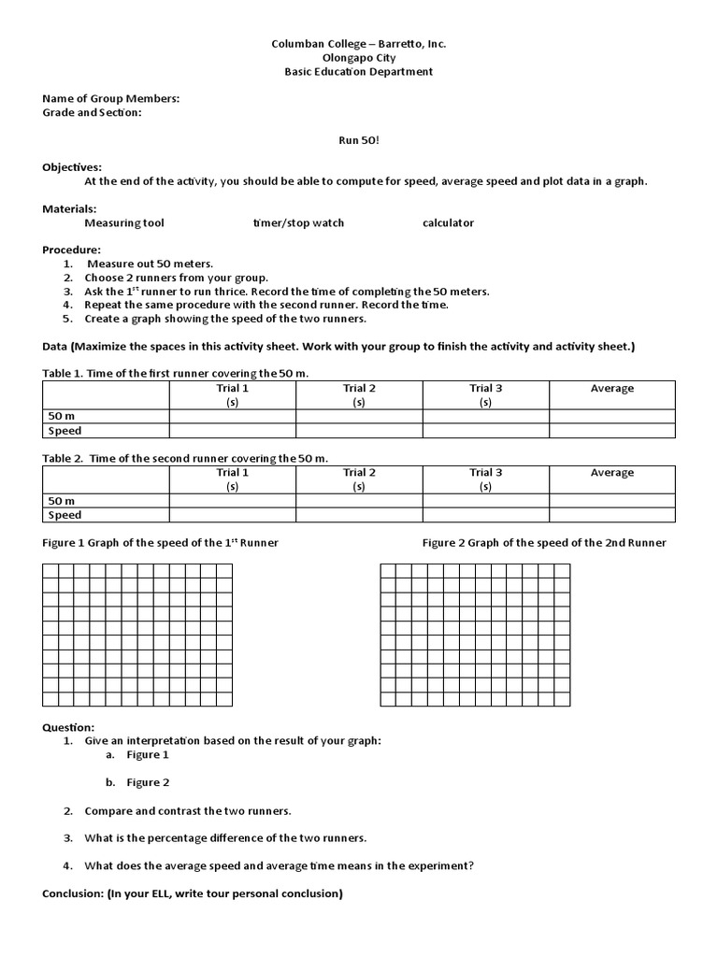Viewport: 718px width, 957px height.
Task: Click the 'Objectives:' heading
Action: tap(72, 166)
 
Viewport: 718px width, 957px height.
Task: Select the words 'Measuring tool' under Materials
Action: tap(123, 223)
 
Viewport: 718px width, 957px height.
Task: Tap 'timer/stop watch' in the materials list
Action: tap(298, 223)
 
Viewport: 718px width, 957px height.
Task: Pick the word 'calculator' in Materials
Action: tap(448, 223)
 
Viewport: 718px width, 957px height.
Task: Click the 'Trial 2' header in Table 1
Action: tap(359, 389)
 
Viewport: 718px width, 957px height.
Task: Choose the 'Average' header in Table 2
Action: tap(611, 473)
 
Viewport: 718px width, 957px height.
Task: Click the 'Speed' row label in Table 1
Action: tap(65, 431)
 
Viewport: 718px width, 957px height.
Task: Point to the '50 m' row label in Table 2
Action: tap(63, 501)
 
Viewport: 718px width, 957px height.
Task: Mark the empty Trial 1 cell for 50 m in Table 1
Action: tap(233, 417)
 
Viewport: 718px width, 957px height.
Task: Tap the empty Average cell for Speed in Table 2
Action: tap(611, 515)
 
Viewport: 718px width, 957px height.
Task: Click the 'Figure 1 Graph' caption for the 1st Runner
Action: tap(160, 543)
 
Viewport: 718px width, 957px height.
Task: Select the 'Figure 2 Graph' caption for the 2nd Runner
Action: tap(544, 543)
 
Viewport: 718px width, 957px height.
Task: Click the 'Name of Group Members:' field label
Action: tap(111, 98)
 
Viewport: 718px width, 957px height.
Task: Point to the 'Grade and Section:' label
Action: tap(92, 112)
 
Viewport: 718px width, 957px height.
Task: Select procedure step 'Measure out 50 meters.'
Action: tap(150, 264)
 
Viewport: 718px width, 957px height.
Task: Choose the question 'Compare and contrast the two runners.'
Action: tap(188, 810)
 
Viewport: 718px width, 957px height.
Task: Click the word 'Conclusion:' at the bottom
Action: tap(73, 893)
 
